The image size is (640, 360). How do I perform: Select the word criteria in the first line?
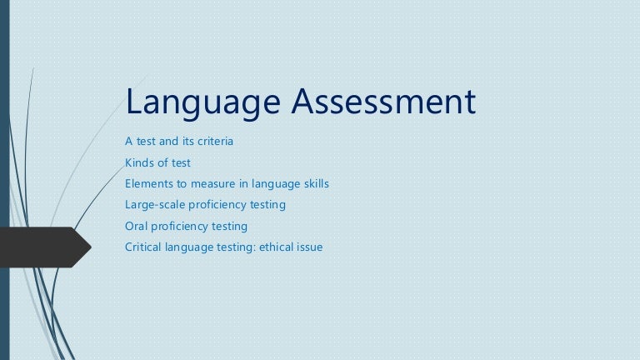point(213,141)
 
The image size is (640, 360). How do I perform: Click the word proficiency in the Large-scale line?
point(221,204)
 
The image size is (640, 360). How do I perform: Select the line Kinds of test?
point(157,162)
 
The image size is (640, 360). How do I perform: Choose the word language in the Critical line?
point(190,247)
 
